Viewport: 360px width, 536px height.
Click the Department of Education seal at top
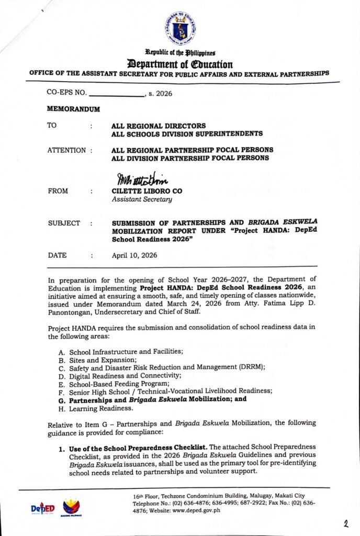[179, 29]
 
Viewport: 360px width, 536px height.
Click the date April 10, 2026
[134, 255]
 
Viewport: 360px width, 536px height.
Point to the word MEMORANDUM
[73, 110]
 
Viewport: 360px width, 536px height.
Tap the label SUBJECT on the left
[64, 223]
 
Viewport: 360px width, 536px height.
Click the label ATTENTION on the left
[66, 150]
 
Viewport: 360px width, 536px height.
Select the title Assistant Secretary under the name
[141, 199]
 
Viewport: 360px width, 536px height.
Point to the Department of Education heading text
[179, 64]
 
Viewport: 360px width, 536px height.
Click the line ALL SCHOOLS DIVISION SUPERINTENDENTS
[187, 134]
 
